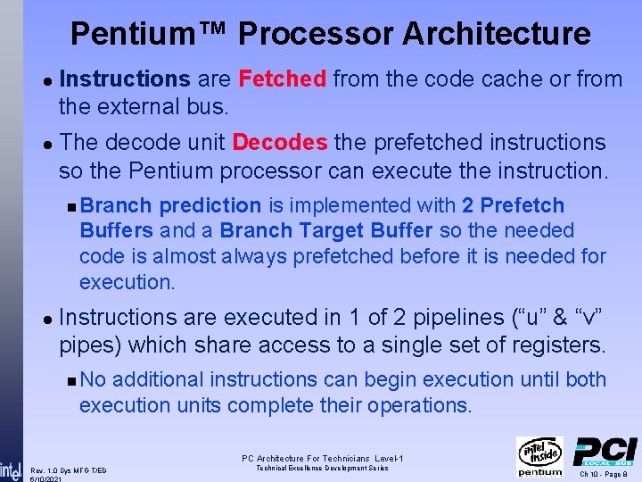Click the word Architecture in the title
tap(496, 34)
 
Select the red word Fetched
tap(283, 79)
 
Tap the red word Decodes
tap(280, 143)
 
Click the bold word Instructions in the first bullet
tap(124, 79)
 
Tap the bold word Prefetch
tap(523, 206)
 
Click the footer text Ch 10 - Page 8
tap(605, 474)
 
